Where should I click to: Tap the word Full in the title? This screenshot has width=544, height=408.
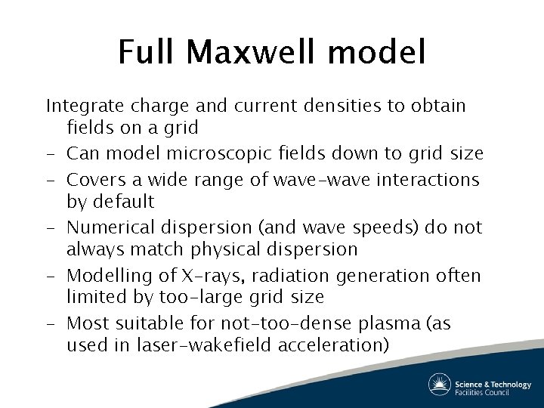coord(147,53)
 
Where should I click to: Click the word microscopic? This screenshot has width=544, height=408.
coord(201,153)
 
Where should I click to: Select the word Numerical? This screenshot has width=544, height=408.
coord(107,227)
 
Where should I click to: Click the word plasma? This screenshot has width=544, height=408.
coord(385,324)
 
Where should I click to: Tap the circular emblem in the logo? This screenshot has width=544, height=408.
coord(440,384)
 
